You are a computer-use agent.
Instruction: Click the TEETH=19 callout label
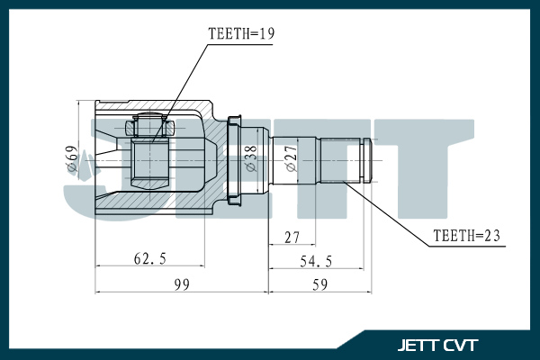[x=240, y=35]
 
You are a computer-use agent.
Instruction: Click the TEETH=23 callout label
[x=466, y=238]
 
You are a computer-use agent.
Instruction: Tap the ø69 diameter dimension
[x=71, y=158]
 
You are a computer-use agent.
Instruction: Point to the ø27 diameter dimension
[x=291, y=158]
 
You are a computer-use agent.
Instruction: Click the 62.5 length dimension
[x=149, y=258]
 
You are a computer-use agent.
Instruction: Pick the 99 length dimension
[x=182, y=284]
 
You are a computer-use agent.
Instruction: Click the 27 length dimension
[x=292, y=237]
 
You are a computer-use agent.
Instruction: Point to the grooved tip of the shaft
[x=366, y=160]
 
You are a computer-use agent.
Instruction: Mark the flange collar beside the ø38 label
[x=236, y=158]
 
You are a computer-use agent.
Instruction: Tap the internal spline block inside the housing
[x=149, y=160]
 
